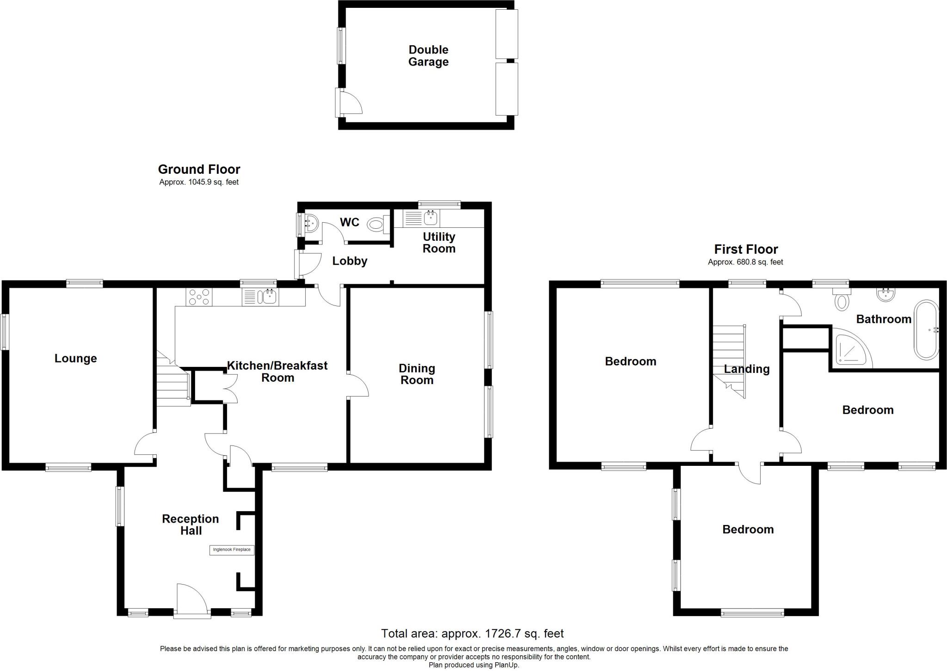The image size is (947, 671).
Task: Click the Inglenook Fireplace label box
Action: pyautogui.click(x=232, y=550)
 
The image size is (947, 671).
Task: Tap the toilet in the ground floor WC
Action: pyautogui.click(x=375, y=226)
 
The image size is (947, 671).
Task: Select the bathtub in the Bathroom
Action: pyautogui.click(x=926, y=330)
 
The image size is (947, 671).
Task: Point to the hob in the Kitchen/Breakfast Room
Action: pyautogui.click(x=199, y=297)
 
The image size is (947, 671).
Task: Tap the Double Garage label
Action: pyautogui.click(x=428, y=56)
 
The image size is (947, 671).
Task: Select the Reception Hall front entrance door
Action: pyautogui.click(x=192, y=600)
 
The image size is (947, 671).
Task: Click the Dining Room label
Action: pyautogui.click(x=417, y=374)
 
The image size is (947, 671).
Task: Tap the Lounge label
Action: pyautogui.click(x=75, y=359)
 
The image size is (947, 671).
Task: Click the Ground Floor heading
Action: pyautogui.click(x=199, y=170)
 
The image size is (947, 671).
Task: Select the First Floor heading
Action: pyautogui.click(x=745, y=250)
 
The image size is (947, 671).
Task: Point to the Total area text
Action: pyautogui.click(x=472, y=634)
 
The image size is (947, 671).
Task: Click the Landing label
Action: pyautogui.click(x=746, y=369)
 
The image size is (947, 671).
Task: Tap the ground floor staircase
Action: pyautogui.click(x=172, y=384)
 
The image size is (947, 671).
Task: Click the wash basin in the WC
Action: pyautogui.click(x=311, y=224)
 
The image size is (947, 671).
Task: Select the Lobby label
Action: pyautogui.click(x=350, y=261)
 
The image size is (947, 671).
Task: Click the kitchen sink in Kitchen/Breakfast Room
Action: pyautogui.click(x=267, y=297)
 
